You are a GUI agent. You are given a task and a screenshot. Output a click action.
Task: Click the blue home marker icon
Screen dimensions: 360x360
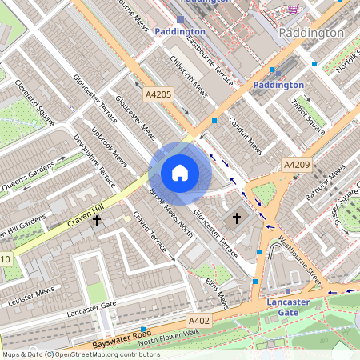point(180,173)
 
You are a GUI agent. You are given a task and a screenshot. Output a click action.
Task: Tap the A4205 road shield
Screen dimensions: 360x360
point(158,94)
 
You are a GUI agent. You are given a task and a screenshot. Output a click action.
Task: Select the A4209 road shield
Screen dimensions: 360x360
point(297,164)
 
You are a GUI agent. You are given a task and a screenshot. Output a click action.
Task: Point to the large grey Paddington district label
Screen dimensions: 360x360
point(312,34)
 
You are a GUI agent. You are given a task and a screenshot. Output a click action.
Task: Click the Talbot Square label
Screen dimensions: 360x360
point(307,114)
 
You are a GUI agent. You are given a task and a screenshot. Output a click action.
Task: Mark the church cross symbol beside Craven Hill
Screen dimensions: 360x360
point(97,218)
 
